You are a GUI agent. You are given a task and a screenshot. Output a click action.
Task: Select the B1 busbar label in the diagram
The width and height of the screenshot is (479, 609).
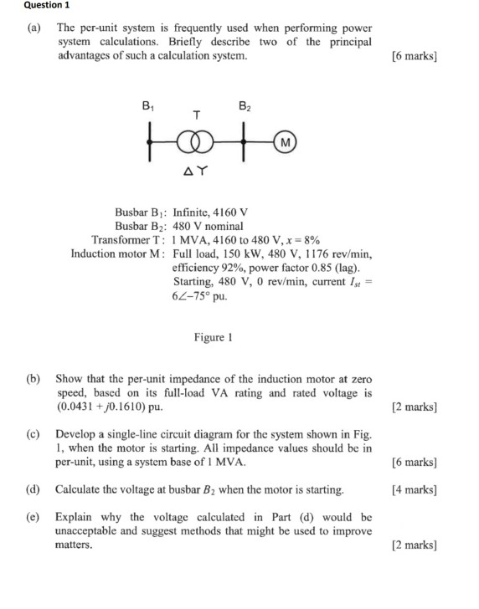pos(149,106)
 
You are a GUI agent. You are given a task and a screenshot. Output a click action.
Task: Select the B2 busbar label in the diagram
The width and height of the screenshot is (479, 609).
pos(244,106)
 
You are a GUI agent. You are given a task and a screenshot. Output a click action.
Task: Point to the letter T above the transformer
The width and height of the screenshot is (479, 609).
pos(197,115)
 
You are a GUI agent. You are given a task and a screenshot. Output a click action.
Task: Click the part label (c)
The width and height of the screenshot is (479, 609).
pos(33,435)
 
